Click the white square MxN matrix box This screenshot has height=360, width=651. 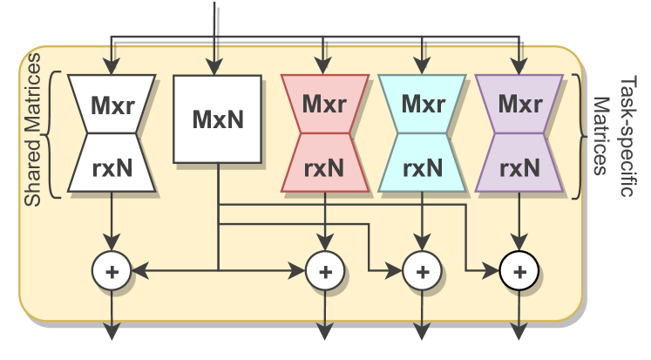click(x=217, y=119)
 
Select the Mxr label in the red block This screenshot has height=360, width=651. click(x=325, y=104)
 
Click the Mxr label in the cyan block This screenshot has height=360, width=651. click(x=423, y=104)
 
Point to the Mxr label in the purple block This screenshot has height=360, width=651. click(x=520, y=104)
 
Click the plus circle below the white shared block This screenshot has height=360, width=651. click(x=112, y=272)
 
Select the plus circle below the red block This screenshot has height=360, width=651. click(x=325, y=272)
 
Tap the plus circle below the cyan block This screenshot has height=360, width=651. click(x=423, y=272)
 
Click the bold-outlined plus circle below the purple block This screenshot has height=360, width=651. click(x=520, y=272)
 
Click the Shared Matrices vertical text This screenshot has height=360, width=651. click(x=32, y=131)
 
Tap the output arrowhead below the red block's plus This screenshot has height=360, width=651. click(x=325, y=332)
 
